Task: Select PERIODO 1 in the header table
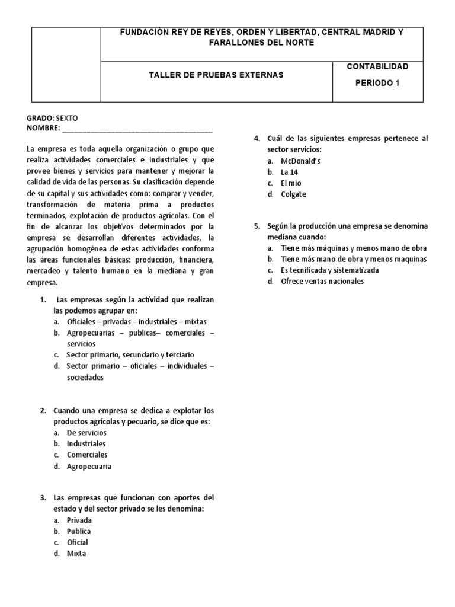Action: coord(377,83)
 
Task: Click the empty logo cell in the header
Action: coord(65,62)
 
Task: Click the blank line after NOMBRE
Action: coord(136,129)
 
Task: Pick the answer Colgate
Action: coord(294,194)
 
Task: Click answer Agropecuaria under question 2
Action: coord(89,466)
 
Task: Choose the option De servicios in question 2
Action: coord(86,433)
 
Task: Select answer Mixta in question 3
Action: coord(76,553)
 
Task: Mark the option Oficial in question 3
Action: coord(78,542)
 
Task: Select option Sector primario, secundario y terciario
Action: coord(125,354)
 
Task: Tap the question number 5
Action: coord(257,226)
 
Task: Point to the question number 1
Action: coord(43,299)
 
